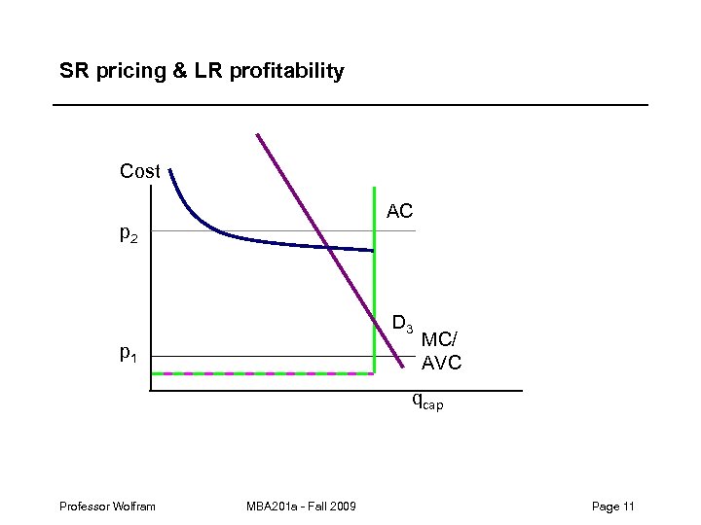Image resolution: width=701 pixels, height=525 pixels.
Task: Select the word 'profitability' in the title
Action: coord(287,71)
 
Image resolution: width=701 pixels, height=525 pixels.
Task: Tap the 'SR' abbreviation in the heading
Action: coord(73,71)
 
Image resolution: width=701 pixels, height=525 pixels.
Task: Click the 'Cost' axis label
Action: coord(139,172)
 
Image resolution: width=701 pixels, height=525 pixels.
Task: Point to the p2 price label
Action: coord(129,233)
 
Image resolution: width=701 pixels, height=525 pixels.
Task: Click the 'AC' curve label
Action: coord(399,211)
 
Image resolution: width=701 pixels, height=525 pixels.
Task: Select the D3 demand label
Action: coord(402,322)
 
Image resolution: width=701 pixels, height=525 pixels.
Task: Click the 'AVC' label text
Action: coord(441,364)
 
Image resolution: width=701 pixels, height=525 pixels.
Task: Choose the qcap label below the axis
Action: coord(426,401)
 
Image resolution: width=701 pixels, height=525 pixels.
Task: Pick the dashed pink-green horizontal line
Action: coord(263,373)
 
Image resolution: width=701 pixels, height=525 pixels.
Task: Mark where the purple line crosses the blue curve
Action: coord(329,249)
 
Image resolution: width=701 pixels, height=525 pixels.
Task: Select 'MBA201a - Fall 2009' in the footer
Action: coord(302,507)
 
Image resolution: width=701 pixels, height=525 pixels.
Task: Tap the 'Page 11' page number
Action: coord(612,507)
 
